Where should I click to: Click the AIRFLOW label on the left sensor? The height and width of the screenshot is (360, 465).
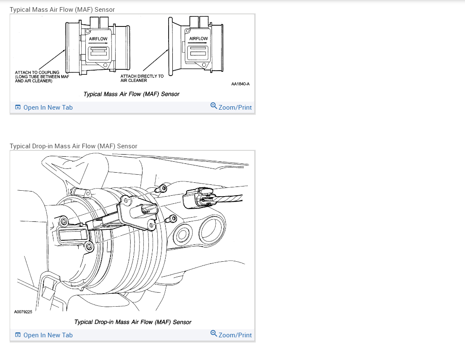click(x=98, y=39)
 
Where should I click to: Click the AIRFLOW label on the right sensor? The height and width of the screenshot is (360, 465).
click(x=198, y=39)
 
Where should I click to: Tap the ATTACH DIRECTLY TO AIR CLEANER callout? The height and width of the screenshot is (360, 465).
click(x=142, y=79)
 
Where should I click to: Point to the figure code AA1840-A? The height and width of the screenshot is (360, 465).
click(x=240, y=84)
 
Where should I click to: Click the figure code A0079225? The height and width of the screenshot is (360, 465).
click(x=23, y=312)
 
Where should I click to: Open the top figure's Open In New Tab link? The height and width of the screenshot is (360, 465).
click(x=48, y=108)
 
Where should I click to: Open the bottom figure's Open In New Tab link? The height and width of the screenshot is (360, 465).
click(x=48, y=335)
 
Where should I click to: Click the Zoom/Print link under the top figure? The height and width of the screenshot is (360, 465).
click(x=235, y=108)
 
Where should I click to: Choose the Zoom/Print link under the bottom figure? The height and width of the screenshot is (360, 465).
click(x=235, y=335)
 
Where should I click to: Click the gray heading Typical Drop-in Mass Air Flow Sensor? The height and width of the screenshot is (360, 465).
click(x=74, y=146)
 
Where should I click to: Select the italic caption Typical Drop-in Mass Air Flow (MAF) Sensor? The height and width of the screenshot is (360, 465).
click(x=132, y=322)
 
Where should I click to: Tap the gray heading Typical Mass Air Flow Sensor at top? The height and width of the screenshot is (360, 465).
click(x=62, y=9)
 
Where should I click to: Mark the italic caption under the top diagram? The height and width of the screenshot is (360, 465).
click(x=131, y=94)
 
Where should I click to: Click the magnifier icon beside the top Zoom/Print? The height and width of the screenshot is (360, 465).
click(x=214, y=105)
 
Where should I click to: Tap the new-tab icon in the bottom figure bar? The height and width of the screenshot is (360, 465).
click(x=18, y=335)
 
